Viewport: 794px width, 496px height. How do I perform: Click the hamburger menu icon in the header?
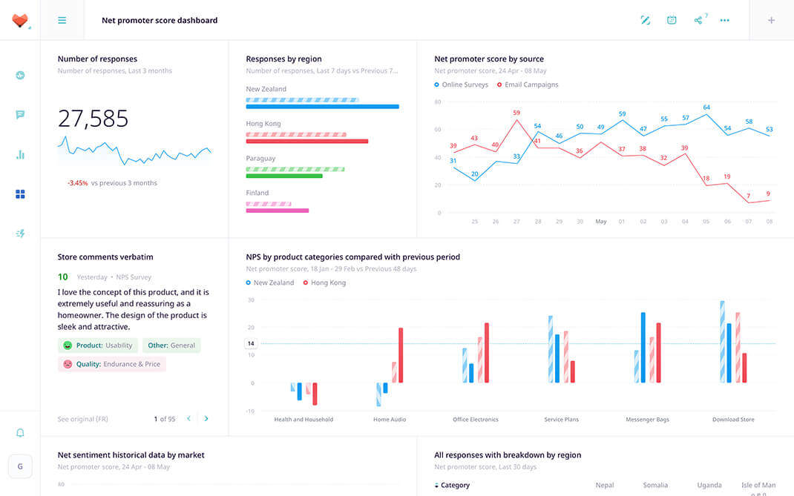[62, 20]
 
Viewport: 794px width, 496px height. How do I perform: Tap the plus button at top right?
[771, 20]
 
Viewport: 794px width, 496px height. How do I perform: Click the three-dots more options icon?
[724, 20]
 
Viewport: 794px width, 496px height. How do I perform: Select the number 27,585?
[93, 119]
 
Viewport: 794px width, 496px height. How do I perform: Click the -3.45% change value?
[77, 183]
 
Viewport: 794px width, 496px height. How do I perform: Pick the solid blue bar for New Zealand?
[322, 107]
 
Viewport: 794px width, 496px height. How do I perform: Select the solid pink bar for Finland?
[277, 211]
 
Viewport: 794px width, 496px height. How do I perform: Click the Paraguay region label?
[260, 159]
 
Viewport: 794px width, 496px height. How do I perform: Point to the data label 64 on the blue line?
[706, 108]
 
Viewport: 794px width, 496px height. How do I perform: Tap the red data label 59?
[516, 113]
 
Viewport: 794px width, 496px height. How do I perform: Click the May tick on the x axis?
[601, 222]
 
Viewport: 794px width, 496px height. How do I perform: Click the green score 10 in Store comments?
[62, 277]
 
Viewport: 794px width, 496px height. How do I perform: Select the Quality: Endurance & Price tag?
[112, 364]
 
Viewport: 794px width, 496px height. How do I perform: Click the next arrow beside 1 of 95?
[206, 419]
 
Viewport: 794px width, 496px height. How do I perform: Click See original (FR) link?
[82, 419]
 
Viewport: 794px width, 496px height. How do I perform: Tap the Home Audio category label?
[390, 420]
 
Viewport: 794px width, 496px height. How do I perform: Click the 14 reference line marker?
[251, 343]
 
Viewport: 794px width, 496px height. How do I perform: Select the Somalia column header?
[655, 485]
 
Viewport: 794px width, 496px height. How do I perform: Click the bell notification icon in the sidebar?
[20, 433]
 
